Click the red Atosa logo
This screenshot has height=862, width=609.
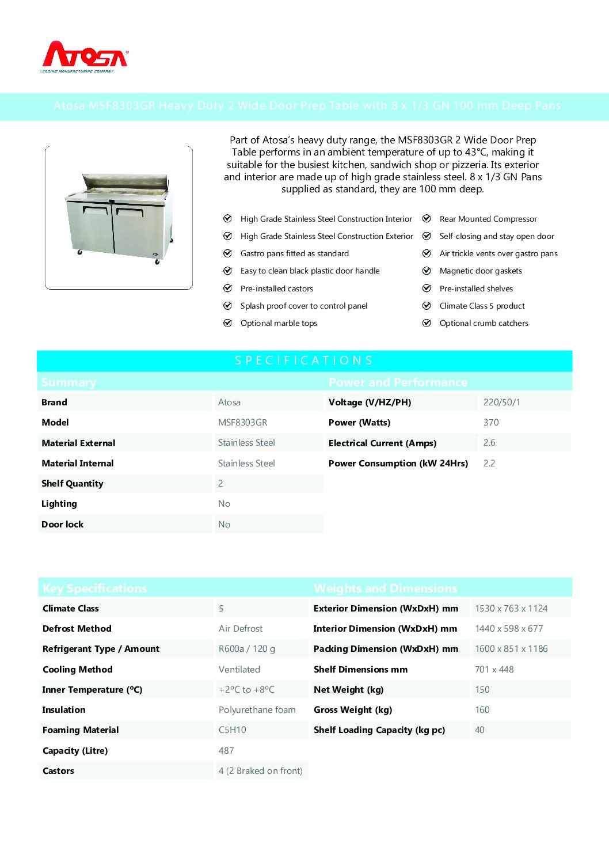(85, 56)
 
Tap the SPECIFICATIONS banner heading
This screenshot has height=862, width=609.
(304, 360)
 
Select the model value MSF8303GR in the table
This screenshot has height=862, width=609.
(242, 423)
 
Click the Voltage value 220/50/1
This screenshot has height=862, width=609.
(501, 402)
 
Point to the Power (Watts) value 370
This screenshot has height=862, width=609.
(491, 423)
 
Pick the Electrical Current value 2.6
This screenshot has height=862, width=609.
(489, 443)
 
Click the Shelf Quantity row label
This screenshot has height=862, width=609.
(73, 484)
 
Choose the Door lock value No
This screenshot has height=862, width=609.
(224, 525)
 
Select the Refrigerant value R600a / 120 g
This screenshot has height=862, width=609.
(246, 649)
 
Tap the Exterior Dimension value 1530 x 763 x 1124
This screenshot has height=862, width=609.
(511, 609)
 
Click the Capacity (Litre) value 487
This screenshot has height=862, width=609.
(226, 751)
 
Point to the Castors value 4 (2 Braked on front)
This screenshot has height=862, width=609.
(260, 771)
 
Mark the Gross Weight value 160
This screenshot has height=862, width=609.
(482, 710)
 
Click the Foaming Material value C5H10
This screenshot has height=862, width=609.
(232, 730)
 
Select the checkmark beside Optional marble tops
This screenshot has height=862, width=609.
(227, 323)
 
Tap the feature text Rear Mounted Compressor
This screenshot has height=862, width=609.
(488, 219)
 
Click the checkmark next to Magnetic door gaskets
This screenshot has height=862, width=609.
(427, 271)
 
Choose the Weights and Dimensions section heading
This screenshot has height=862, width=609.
(385, 588)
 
